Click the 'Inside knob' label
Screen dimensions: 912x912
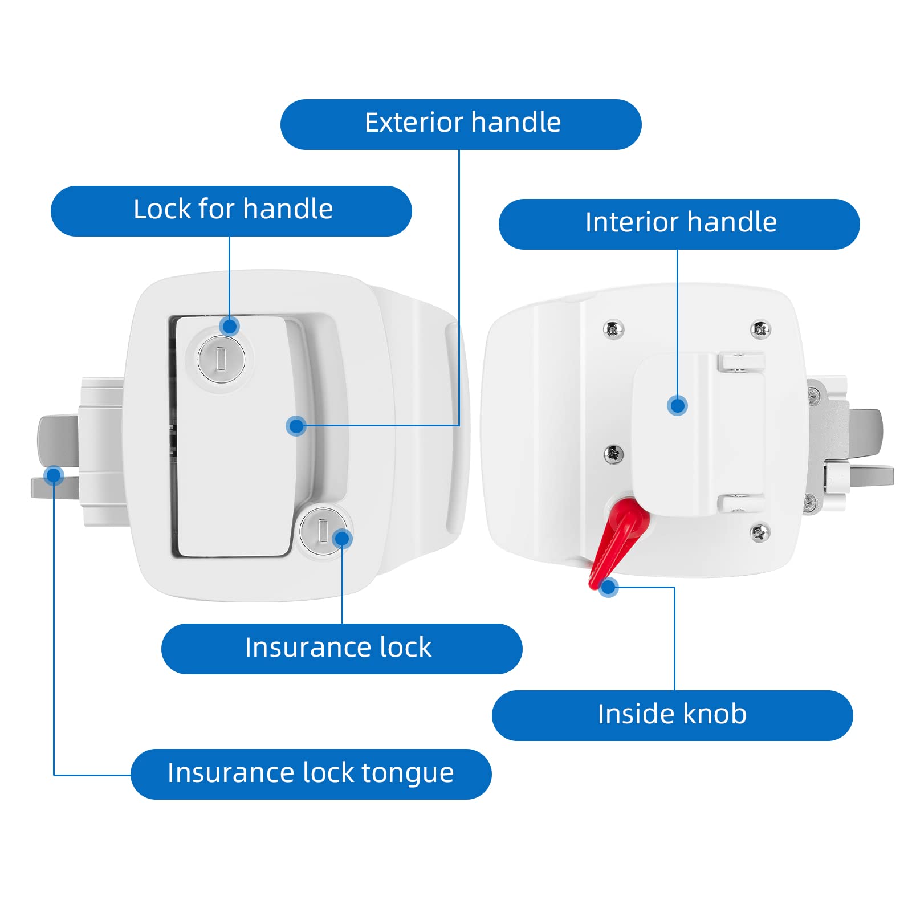click(671, 715)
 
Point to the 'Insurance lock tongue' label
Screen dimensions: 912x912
click(311, 773)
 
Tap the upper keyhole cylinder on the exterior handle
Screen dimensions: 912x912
click(221, 359)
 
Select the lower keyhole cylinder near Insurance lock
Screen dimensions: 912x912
click(322, 531)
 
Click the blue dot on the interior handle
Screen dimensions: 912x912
click(677, 406)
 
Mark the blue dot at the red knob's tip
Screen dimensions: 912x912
click(608, 587)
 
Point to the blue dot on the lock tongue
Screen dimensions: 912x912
click(54, 475)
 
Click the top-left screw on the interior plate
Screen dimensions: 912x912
click(613, 329)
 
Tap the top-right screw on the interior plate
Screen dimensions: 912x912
click(760, 329)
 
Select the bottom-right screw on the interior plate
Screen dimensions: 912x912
click(760, 532)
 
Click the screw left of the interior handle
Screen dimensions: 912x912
click(613, 454)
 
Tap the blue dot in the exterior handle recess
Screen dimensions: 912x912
click(296, 425)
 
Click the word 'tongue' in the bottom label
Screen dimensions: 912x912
click(407, 773)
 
